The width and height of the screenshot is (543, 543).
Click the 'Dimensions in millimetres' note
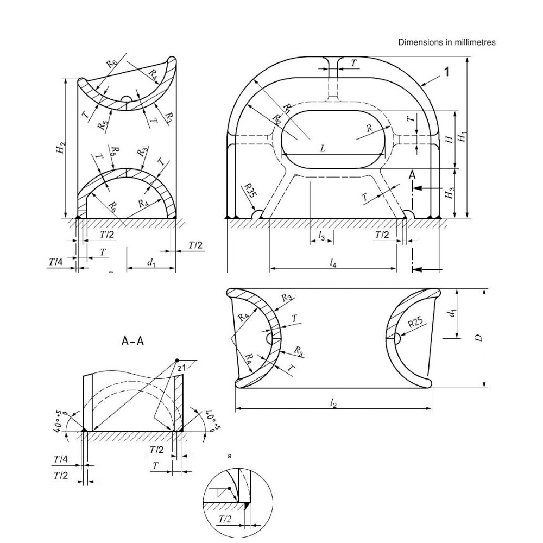[447, 42]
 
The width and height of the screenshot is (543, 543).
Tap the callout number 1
[447, 72]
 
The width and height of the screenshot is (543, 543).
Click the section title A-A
[132, 341]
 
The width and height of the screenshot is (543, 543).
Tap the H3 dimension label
[449, 193]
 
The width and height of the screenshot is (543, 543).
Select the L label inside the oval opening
[323, 149]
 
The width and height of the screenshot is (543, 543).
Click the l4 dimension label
[333, 263]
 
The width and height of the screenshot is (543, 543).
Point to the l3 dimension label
[321, 236]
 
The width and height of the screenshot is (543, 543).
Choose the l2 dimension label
[333, 403]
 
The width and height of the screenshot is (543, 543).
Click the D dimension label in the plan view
[478, 338]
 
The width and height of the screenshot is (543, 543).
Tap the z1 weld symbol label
[182, 368]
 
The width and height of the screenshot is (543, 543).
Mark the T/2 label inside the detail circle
[225, 519]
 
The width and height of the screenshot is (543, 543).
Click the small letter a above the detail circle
[229, 456]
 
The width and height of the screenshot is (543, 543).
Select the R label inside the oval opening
[369, 128]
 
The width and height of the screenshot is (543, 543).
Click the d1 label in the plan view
[451, 313]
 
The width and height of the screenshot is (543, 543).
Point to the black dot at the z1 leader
[178, 361]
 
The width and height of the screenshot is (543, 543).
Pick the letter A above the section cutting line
[412, 175]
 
